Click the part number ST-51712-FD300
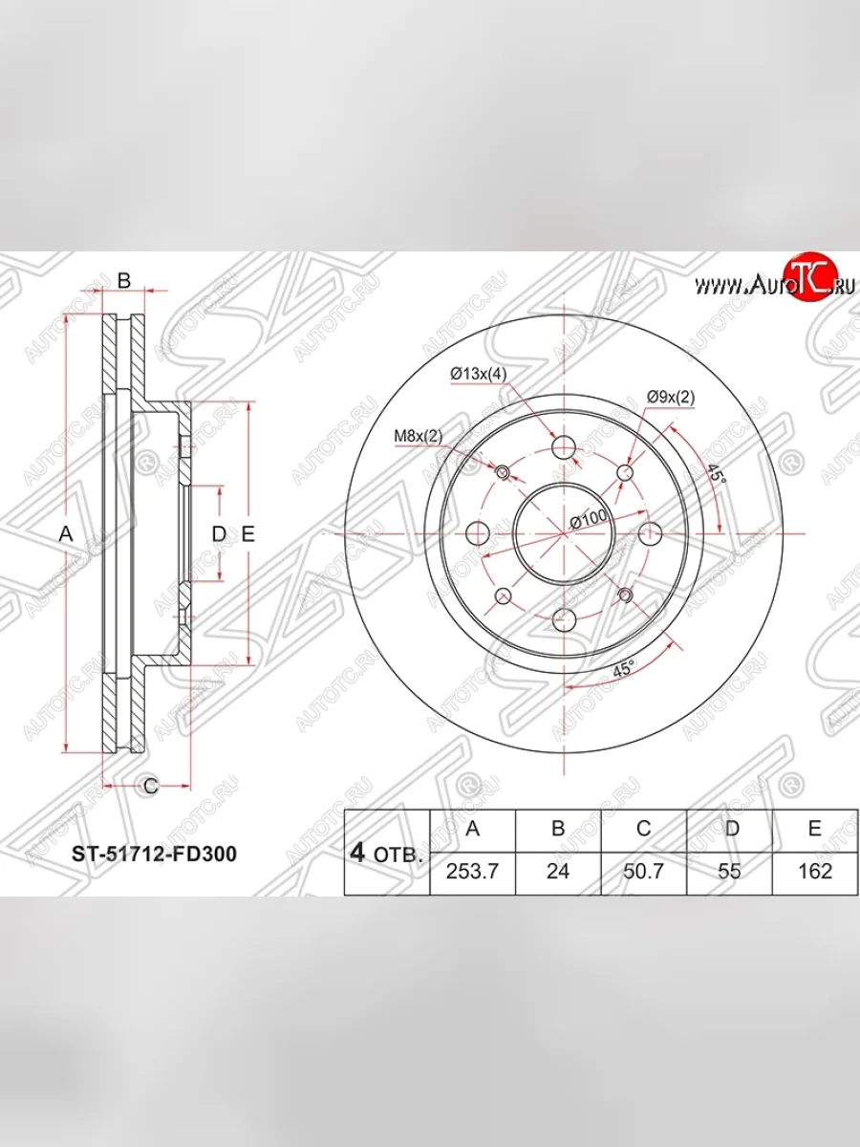coord(154,854)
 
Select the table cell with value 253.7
coord(472,871)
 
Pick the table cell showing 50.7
coord(643,871)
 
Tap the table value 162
coord(813,871)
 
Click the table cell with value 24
coord(558,871)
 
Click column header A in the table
coord(472,829)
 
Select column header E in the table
coord(813,829)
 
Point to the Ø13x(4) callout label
coord(478,374)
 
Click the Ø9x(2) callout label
coord(670,396)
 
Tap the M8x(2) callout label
coord(419,437)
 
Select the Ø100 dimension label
coord(589,518)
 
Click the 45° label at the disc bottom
coord(622,671)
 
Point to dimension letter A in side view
coord(66,535)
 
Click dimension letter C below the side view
coord(150,786)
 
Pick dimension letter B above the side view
coord(123,280)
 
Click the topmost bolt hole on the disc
coord(564,447)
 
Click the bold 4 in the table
coord(357,853)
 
